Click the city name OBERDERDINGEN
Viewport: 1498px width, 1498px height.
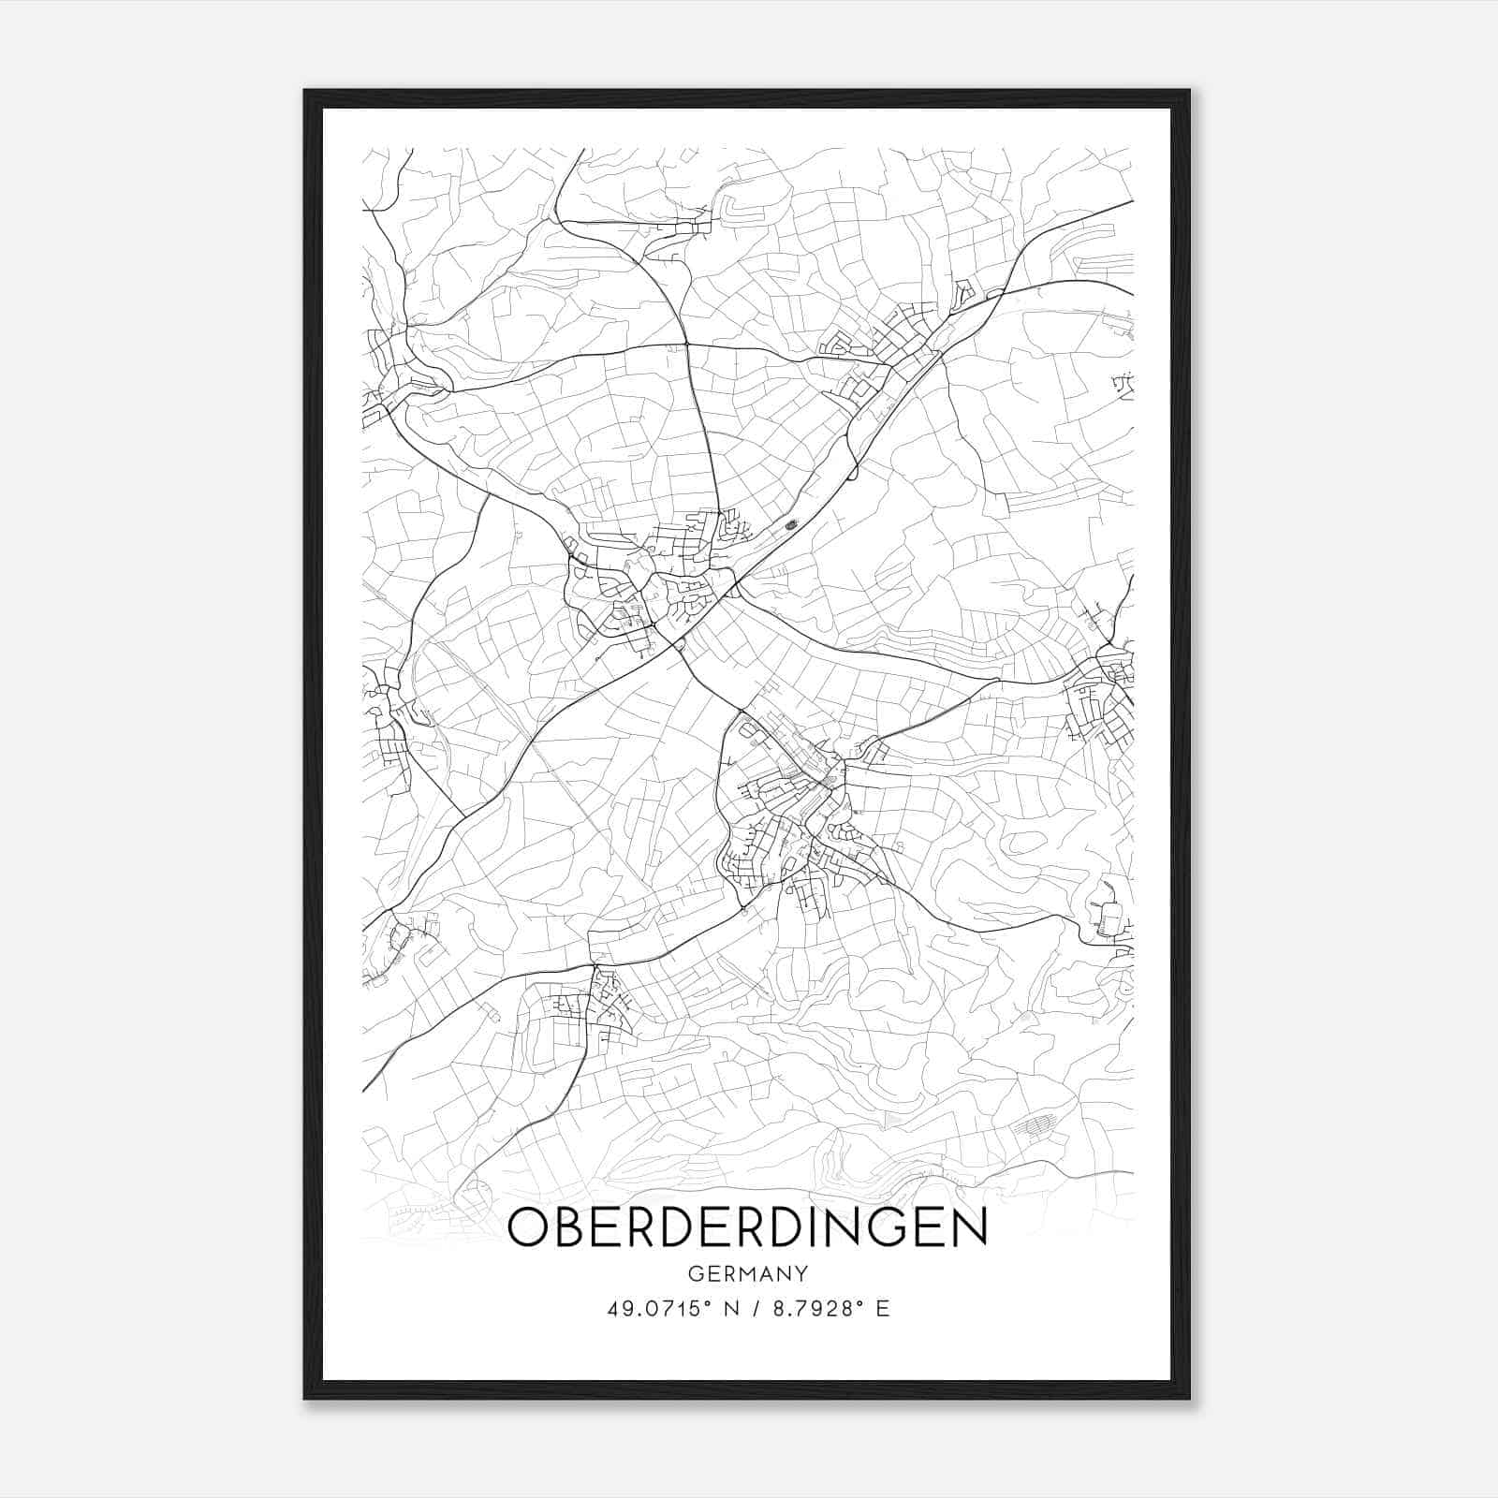tap(747, 1228)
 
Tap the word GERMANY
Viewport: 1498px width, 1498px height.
tap(748, 1273)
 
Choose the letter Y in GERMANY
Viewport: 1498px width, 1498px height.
tap(801, 1273)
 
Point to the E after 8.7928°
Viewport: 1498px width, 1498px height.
tap(882, 1309)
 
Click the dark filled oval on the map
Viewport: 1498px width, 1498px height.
tap(792, 525)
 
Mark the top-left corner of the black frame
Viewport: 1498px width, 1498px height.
tap(305, 91)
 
